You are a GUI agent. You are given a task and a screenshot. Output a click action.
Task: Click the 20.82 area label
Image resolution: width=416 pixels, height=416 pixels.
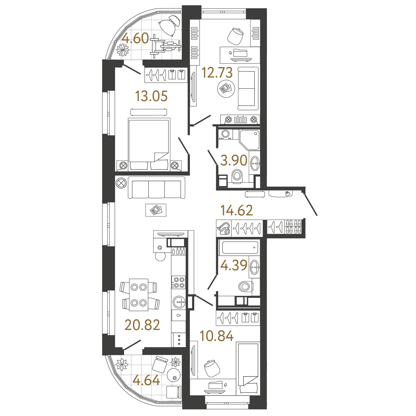(x=142, y=325)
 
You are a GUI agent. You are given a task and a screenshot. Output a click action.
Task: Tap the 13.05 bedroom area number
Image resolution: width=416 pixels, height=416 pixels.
(x=151, y=96)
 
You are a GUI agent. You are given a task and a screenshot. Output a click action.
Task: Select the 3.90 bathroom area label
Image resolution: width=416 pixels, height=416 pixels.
(x=234, y=160)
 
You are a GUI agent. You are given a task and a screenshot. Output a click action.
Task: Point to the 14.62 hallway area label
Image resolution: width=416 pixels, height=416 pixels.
(x=236, y=210)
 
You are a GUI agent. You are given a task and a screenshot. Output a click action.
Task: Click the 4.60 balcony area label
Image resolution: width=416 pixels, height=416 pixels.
(x=135, y=38)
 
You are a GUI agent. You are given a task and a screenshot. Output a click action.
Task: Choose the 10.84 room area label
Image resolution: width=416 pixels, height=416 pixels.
(x=216, y=336)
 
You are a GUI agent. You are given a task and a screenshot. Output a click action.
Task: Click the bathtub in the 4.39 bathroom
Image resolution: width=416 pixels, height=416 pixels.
(x=240, y=247)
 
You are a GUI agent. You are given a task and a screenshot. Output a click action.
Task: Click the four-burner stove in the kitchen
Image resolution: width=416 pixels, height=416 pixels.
(x=178, y=282)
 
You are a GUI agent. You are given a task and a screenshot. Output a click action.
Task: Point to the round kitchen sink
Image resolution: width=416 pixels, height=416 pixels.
(x=179, y=302)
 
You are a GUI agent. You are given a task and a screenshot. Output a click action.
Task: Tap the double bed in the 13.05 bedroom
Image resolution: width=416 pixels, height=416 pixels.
(x=149, y=144)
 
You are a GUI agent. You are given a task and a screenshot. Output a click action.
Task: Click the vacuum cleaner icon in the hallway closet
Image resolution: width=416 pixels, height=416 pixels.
(x=224, y=228)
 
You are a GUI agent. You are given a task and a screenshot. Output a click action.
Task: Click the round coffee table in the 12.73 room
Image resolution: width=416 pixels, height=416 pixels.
(x=226, y=89)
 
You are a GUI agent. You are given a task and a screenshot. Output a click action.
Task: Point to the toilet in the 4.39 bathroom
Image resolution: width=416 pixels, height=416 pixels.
(x=244, y=286)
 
